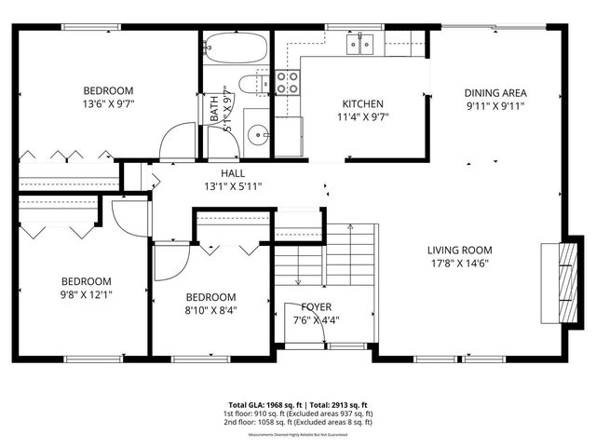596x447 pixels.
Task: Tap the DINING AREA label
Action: click(x=496, y=92)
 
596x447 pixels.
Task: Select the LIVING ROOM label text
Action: click(x=459, y=250)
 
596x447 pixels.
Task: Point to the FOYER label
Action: click(x=317, y=306)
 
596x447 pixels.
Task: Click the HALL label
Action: click(x=233, y=173)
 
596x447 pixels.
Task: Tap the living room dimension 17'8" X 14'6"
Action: click(x=459, y=264)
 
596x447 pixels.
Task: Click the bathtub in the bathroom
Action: click(x=235, y=47)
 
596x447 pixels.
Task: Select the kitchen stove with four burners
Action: click(x=288, y=82)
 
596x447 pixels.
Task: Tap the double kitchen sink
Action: click(x=359, y=42)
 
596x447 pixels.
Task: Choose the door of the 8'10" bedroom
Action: click(x=169, y=263)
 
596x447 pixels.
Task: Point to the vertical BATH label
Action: click(x=214, y=109)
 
